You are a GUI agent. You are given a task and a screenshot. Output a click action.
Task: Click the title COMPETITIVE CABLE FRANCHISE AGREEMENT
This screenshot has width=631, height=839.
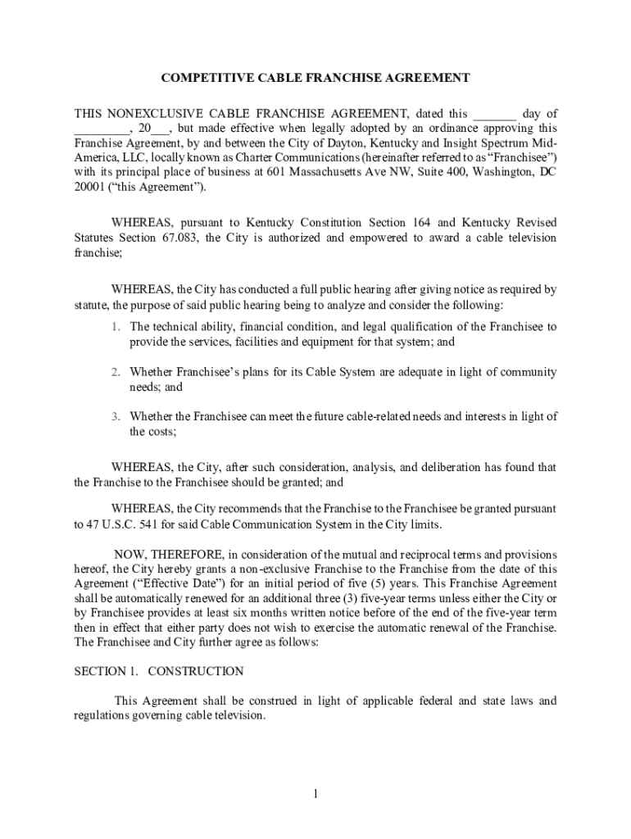point(315,78)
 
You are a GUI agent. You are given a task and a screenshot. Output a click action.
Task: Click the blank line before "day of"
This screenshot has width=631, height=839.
point(495,115)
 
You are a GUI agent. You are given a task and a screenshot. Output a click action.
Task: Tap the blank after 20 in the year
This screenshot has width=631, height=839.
point(161,129)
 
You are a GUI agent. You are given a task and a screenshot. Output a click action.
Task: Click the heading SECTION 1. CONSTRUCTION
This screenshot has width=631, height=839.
point(159,672)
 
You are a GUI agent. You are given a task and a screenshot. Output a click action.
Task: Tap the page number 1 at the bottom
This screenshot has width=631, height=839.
point(315,794)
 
